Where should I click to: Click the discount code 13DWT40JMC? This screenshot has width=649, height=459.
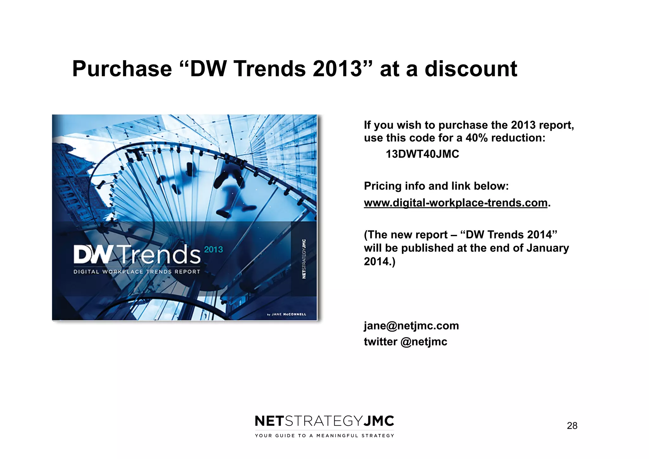pos(422,154)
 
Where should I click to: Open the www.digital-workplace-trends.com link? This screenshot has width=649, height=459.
pos(455,203)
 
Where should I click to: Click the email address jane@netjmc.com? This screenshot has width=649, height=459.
pos(411,326)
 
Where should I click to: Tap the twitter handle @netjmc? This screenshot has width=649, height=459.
pos(424,342)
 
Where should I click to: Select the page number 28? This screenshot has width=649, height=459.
pos(572,426)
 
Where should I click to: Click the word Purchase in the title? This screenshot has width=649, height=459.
pos(122,69)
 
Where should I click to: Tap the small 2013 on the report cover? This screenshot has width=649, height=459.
pos(213,250)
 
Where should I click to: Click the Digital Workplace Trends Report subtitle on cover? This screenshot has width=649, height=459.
pos(137,272)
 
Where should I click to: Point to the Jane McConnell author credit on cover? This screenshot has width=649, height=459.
pos(287,314)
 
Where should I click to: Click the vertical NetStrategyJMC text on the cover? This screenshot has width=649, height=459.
pos(304,259)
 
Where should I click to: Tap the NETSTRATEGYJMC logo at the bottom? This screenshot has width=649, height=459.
pos(324,421)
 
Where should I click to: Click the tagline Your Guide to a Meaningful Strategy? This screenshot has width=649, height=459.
pos(324,436)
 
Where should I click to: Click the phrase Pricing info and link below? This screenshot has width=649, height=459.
pos(436,186)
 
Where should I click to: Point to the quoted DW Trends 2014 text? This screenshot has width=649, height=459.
pos(508,235)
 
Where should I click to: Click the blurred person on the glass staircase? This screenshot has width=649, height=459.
pos(233,190)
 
